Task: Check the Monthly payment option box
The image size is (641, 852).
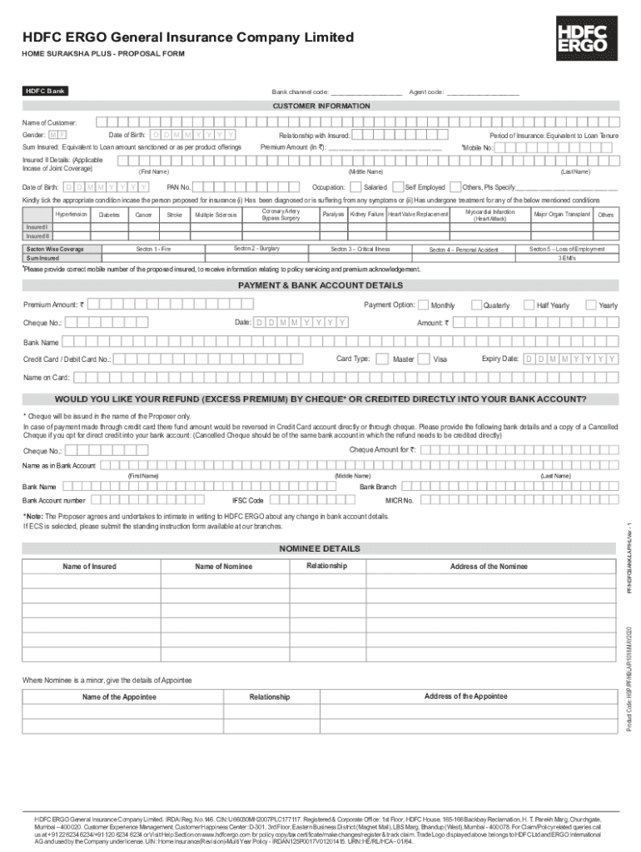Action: click(x=425, y=305)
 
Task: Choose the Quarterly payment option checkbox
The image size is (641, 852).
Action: click(x=477, y=305)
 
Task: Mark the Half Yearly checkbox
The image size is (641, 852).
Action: click(x=530, y=305)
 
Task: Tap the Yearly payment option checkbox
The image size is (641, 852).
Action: click(x=593, y=305)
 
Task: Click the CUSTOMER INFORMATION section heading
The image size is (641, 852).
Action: click(x=321, y=106)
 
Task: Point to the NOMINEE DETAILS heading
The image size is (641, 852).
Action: click(x=320, y=549)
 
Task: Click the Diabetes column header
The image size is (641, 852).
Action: click(x=109, y=215)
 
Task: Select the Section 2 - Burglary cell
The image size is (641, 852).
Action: click(x=256, y=249)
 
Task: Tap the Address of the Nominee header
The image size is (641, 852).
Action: click(x=489, y=567)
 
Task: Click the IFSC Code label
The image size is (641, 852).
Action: click(x=248, y=501)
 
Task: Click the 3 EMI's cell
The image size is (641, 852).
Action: click(x=567, y=258)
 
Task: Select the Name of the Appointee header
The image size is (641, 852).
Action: click(x=119, y=696)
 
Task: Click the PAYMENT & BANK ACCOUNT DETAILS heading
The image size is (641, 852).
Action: click(x=320, y=285)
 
